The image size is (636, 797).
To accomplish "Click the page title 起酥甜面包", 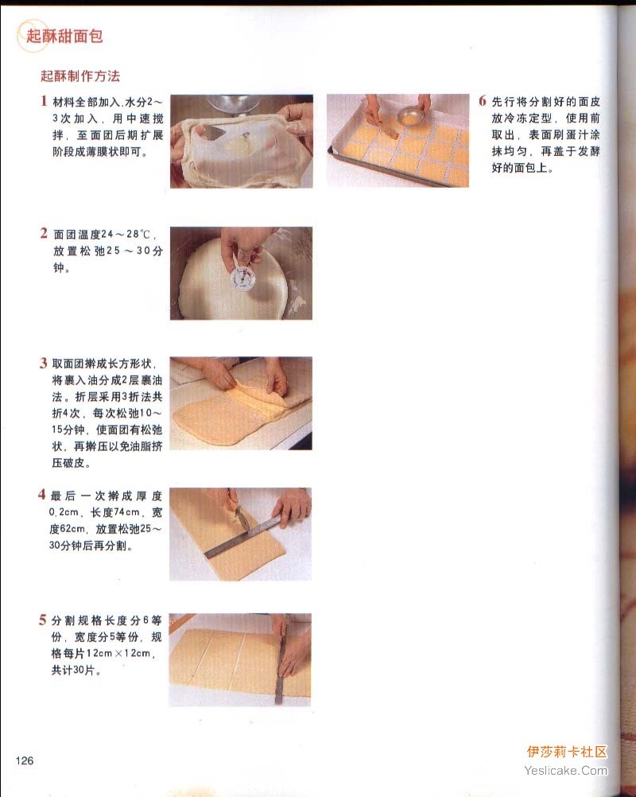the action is tap(64, 36).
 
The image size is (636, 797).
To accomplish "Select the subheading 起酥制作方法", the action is tap(80, 76).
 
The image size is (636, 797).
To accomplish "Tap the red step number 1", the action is tap(45, 101).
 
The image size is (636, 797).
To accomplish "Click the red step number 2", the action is tap(45, 233).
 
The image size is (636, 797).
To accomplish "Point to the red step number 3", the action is tap(44, 363).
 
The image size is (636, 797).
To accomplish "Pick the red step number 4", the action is tap(41, 495).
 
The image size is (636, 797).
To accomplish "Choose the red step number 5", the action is tap(43, 620).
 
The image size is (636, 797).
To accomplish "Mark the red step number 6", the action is tap(483, 101).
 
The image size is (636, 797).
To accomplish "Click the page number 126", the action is tap(25, 760).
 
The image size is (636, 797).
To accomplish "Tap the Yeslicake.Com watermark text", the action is tap(566, 771).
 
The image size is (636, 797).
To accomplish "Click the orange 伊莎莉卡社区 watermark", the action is tap(567, 752).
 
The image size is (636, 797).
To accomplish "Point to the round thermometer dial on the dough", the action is tap(242, 279).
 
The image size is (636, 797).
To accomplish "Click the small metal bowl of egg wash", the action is tap(410, 116).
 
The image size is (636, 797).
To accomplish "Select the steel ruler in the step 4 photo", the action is tap(242, 537).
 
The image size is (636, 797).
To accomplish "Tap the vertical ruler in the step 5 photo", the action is tap(280, 661).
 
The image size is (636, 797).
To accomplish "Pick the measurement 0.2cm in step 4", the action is tap(64, 512).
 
